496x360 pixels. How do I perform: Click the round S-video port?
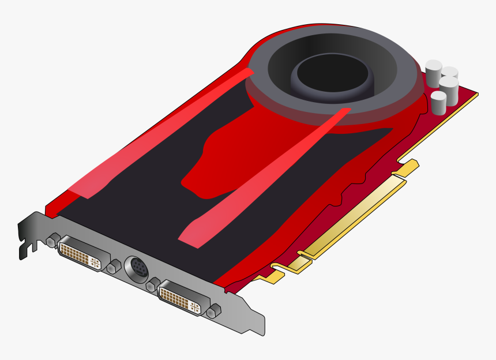point(137,268)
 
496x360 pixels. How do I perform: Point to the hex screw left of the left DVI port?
point(51,241)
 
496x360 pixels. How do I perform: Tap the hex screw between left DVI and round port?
point(114,266)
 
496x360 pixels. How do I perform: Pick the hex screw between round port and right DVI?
point(153,285)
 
